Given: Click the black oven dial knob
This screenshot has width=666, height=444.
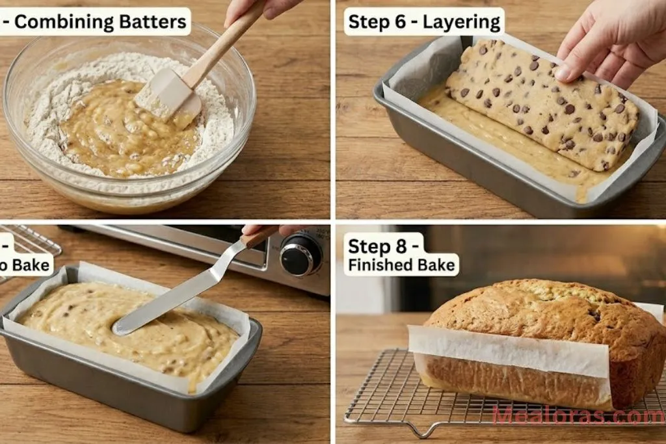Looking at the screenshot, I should click(x=300, y=255).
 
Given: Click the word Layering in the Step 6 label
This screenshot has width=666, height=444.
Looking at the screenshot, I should click(x=462, y=22).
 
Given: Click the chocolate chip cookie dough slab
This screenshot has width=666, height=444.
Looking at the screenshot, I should click(x=540, y=104).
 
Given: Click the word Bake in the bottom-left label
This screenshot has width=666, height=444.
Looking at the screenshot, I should click(x=36, y=265).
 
